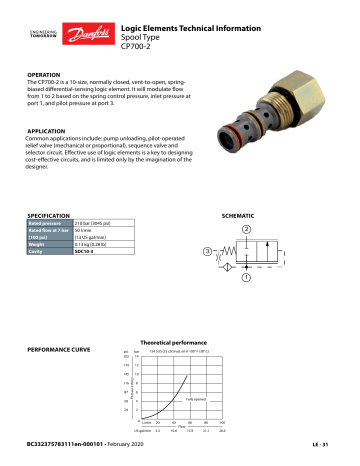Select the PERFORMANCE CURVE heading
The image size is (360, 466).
click(66, 352)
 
